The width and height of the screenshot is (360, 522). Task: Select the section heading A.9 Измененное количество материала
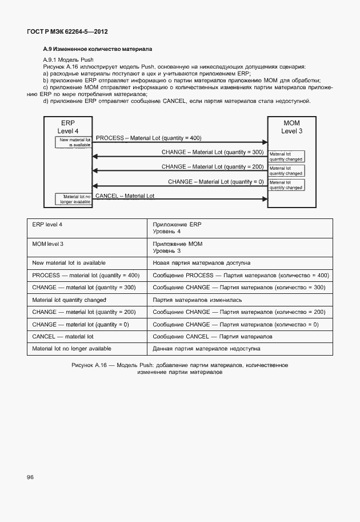click(98, 50)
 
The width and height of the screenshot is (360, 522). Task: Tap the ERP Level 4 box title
click(68, 127)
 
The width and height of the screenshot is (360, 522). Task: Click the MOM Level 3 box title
click(291, 127)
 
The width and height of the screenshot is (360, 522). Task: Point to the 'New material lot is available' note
click(73, 142)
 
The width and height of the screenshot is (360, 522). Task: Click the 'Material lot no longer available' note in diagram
click(73, 198)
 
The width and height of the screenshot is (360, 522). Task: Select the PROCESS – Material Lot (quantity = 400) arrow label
click(149, 138)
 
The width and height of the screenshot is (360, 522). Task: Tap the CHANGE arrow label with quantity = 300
click(213, 152)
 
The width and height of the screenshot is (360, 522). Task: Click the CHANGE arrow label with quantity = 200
click(213, 166)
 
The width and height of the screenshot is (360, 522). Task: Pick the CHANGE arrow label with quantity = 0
click(215, 181)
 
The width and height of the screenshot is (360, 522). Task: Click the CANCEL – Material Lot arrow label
click(125, 196)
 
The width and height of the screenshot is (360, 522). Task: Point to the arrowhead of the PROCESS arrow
click(265, 142)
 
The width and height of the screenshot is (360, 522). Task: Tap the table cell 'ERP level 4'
click(47, 224)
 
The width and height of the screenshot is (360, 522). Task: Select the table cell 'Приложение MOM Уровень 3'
click(178, 247)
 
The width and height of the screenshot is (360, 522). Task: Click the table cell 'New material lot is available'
click(69, 262)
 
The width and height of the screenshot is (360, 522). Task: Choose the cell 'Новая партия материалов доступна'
click(202, 263)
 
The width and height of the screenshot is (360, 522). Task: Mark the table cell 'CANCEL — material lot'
click(63, 336)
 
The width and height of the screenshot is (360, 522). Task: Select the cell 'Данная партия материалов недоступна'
click(207, 348)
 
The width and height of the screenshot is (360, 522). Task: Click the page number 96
click(30, 476)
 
